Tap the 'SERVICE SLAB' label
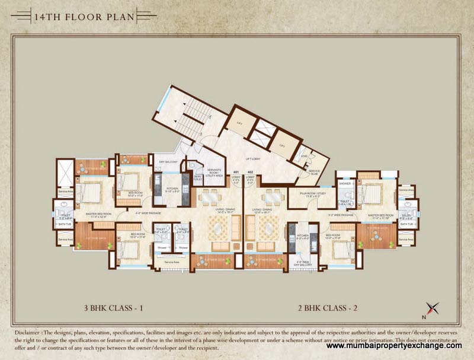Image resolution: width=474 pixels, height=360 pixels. pyautogui.click(x=313, y=173)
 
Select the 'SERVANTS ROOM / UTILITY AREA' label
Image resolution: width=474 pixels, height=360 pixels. pyautogui.click(x=214, y=173)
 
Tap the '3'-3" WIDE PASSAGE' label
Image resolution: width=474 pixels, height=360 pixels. pyautogui.click(x=341, y=215)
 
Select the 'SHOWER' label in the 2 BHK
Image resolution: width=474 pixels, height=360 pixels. pyautogui.click(x=345, y=183)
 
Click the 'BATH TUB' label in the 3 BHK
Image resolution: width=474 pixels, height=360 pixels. pyautogui.click(x=65, y=224)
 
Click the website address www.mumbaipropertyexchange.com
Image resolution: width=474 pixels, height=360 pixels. pyautogui.click(x=394, y=345)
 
